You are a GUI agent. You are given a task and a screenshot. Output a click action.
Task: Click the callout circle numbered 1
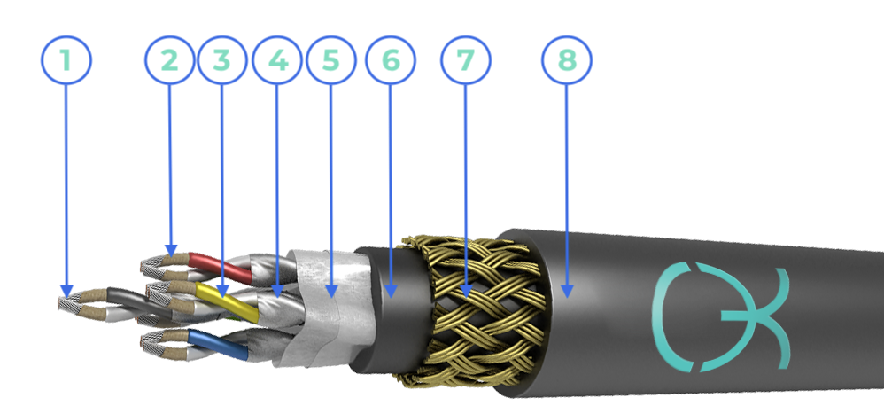[66, 59]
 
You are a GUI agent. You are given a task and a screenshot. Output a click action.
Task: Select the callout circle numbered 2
[170, 59]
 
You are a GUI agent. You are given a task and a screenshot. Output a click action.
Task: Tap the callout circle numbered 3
[222, 59]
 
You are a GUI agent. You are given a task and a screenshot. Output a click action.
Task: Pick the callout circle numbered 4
[277, 59]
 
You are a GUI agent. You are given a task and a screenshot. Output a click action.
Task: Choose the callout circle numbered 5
[331, 59]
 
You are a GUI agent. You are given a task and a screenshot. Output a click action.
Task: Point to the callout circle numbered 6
[390, 59]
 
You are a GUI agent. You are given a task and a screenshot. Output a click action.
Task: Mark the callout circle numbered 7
[466, 59]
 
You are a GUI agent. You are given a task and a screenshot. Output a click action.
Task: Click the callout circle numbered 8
[567, 59]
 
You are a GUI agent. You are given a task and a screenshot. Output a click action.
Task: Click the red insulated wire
[220, 267]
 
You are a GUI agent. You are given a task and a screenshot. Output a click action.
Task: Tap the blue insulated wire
[218, 344]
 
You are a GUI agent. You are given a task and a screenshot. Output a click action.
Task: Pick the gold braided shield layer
[474, 310]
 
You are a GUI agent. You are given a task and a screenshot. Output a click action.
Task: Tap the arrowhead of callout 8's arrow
[567, 291]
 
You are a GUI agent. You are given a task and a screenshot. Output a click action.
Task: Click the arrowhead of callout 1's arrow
[66, 291]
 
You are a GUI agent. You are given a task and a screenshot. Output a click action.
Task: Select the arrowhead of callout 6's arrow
[391, 291]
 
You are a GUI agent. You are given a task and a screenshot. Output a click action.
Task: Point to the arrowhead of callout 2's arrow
[171, 250]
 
